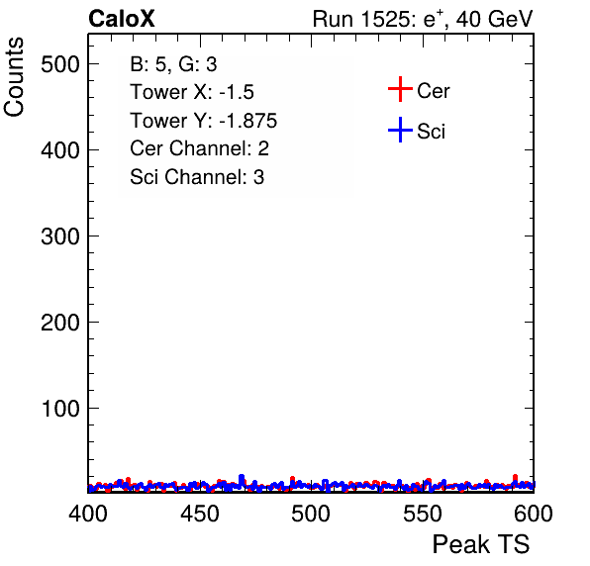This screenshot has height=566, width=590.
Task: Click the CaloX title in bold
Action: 122,19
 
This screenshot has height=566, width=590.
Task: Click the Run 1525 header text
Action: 423,20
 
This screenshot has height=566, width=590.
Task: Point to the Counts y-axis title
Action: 14,77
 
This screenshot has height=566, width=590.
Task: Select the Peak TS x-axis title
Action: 481,544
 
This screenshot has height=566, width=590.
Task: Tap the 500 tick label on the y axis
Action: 60,64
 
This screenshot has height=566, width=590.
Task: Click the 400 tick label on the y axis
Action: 60,150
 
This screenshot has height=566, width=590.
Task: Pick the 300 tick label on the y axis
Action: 60,236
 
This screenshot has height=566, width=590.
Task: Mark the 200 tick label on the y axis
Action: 60,323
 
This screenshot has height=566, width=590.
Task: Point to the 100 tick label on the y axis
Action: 60,409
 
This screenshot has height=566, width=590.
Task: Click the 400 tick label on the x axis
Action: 88,514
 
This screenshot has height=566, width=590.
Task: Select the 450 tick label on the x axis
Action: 199,514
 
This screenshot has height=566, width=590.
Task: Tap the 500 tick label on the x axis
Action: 311,514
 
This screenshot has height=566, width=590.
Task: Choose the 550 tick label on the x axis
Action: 422,514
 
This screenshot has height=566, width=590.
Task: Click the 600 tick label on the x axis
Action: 534,514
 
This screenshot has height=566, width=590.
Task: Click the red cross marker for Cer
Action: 400,89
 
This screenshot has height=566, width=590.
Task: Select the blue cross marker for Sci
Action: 400,130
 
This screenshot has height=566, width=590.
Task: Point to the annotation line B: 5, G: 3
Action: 173,64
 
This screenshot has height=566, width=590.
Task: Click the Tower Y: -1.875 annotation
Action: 204,121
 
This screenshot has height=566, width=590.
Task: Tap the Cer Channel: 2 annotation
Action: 199,148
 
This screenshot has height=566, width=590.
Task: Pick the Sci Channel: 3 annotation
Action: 197,177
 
